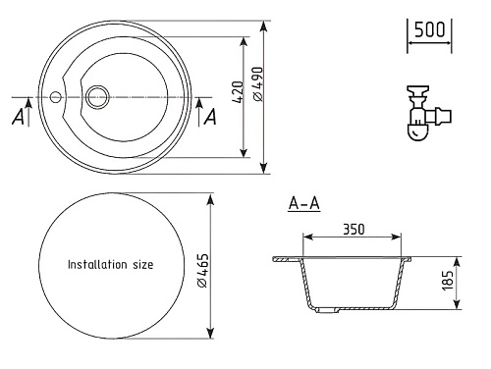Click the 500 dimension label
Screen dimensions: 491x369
click(x=429, y=29)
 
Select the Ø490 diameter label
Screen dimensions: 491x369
click(x=258, y=84)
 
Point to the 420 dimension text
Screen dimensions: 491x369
click(x=239, y=92)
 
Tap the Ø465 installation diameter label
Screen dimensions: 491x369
click(x=203, y=271)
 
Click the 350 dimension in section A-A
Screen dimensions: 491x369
click(x=354, y=230)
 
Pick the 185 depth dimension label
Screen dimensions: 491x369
click(x=448, y=281)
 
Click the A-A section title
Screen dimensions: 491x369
click(x=304, y=203)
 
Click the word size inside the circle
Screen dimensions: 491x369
click(x=143, y=265)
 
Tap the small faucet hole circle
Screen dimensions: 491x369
click(x=55, y=97)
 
